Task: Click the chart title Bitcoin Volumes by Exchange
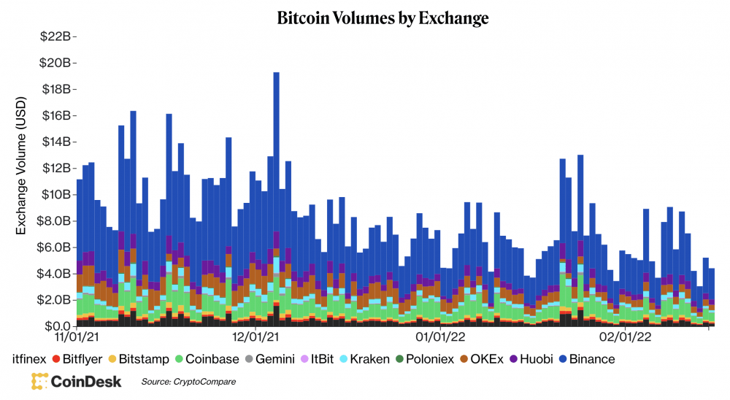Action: (x=383, y=18)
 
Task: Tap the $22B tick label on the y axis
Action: (x=56, y=36)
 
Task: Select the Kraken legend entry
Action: (x=369, y=358)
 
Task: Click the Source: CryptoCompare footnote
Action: (x=188, y=381)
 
